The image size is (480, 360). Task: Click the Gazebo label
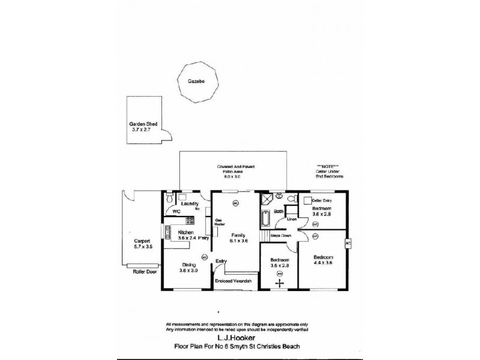point(193,79)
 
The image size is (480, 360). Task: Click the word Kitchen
point(185,232)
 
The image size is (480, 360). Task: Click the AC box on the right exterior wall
point(347,243)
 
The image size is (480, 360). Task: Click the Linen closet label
point(292,220)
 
